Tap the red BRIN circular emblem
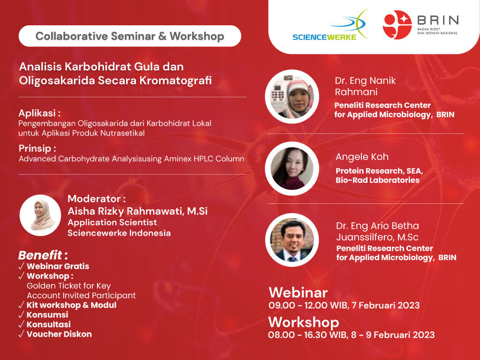pyautogui.click(x=397, y=25)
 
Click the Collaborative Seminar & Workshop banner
pyautogui.click(x=130, y=36)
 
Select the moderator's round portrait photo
pyautogui.click(x=40, y=215)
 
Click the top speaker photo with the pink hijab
pyautogui.click(x=292, y=97)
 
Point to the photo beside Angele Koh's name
pyautogui.click(x=292, y=169)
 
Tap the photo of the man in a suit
pyautogui.click(x=292, y=240)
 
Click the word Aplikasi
pyautogui.click(x=37, y=113)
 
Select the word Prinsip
pyautogui.click(x=35, y=149)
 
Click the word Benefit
pyautogui.click(x=40, y=255)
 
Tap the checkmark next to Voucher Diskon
pyautogui.click(x=22, y=334)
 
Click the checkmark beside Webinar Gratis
pyautogui.click(x=22, y=266)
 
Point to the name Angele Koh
pyautogui.click(x=362, y=157)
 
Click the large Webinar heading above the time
pyautogui.click(x=298, y=292)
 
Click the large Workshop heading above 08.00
pyautogui.click(x=304, y=322)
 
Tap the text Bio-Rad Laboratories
pyautogui.click(x=377, y=180)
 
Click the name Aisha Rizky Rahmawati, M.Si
pyautogui.click(x=137, y=211)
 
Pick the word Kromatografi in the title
pyautogui.click(x=176, y=81)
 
